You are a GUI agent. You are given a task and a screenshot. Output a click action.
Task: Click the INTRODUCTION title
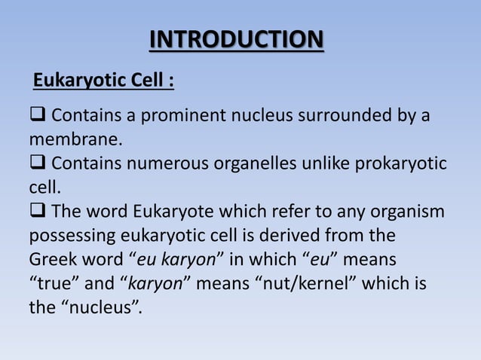point(237,39)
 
